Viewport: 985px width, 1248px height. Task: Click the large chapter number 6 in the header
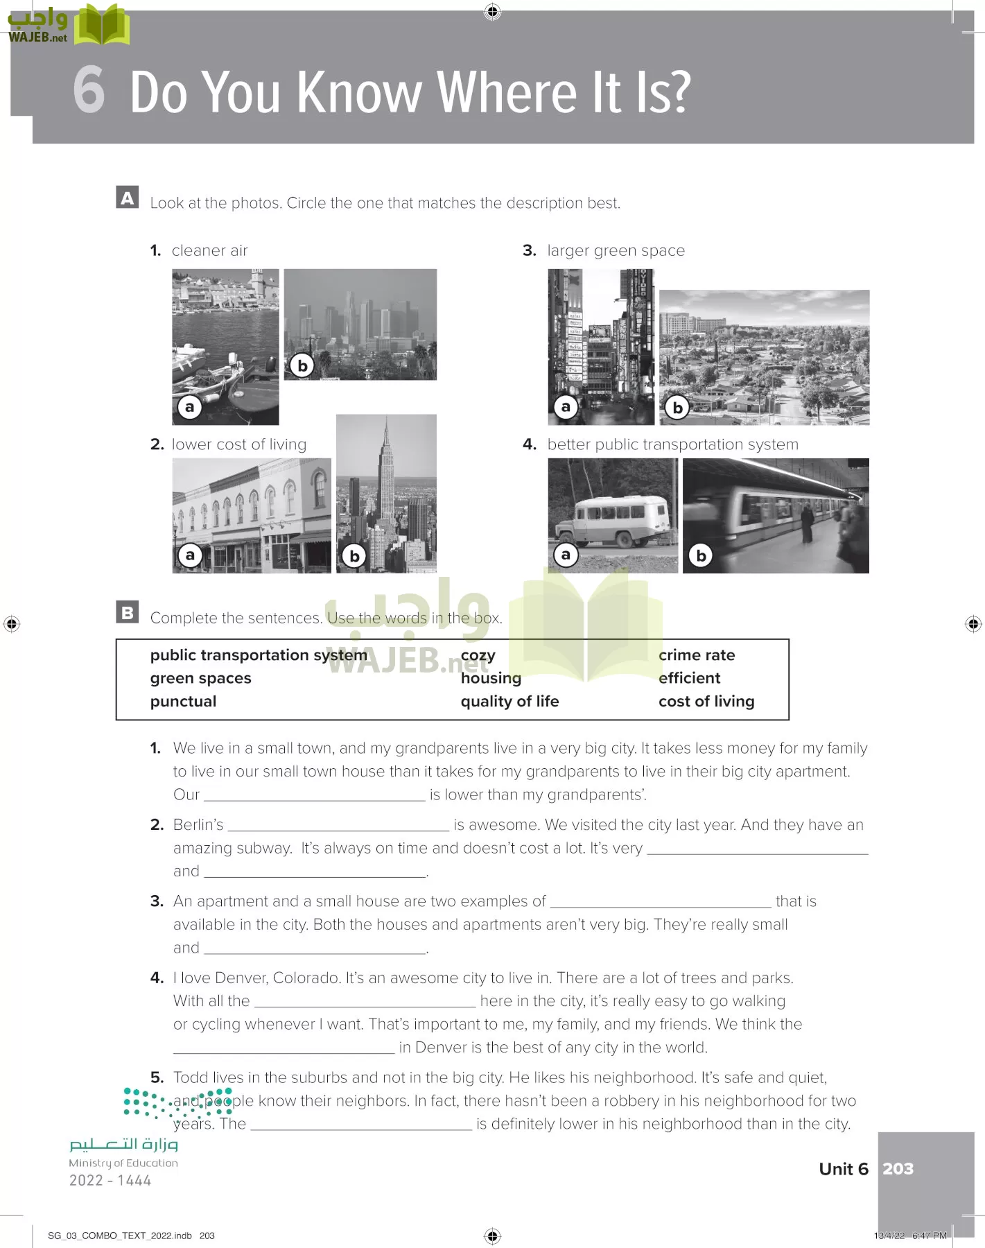pos(89,90)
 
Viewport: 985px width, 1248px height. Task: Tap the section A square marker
pos(128,198)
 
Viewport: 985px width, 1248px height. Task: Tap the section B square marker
pos(128,612)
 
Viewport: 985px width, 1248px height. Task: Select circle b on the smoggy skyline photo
pos(302,365)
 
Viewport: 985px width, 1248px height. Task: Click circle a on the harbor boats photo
pos(189,407)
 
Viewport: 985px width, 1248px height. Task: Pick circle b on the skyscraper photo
pos(354,555)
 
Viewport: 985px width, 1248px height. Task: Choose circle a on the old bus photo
pos(566,555)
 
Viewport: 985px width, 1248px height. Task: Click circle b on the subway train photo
pos(701,555)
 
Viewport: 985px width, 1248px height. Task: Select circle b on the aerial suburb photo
pos(677,408)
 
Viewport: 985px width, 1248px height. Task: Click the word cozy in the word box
pos(478,655)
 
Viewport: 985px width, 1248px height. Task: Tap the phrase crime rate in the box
pos(697,655)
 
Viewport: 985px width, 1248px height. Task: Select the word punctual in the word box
pos(183,702)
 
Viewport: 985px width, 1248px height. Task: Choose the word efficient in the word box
pos(689,678)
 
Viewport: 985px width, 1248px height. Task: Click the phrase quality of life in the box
pos(509,702)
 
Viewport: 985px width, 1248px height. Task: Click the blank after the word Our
pos(314,795)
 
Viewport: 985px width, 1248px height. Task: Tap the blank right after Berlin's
pos(338,825)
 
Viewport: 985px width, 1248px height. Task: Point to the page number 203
pos(898,1169)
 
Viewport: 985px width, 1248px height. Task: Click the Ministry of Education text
pos(123,1163)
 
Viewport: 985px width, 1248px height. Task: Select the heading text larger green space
pos(616,250)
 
